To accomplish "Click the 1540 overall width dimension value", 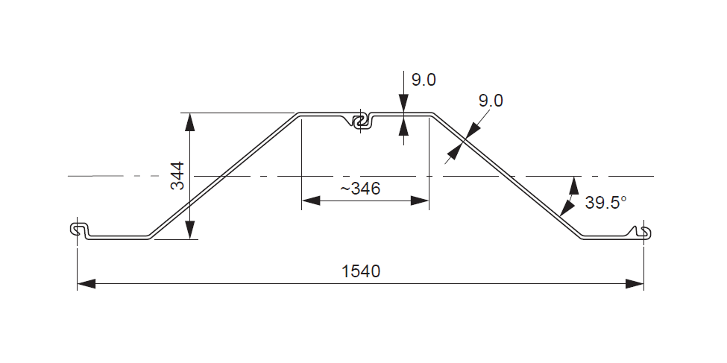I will (361, 271).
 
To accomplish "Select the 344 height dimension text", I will (177, 176).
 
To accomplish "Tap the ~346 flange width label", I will (361, 189).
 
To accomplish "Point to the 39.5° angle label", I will (605, 202).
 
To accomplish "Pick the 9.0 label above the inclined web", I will (491, 100).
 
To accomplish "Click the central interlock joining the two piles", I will (362, 121).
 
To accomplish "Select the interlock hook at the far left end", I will (78, 230).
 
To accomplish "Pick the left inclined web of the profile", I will (224, 176).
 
